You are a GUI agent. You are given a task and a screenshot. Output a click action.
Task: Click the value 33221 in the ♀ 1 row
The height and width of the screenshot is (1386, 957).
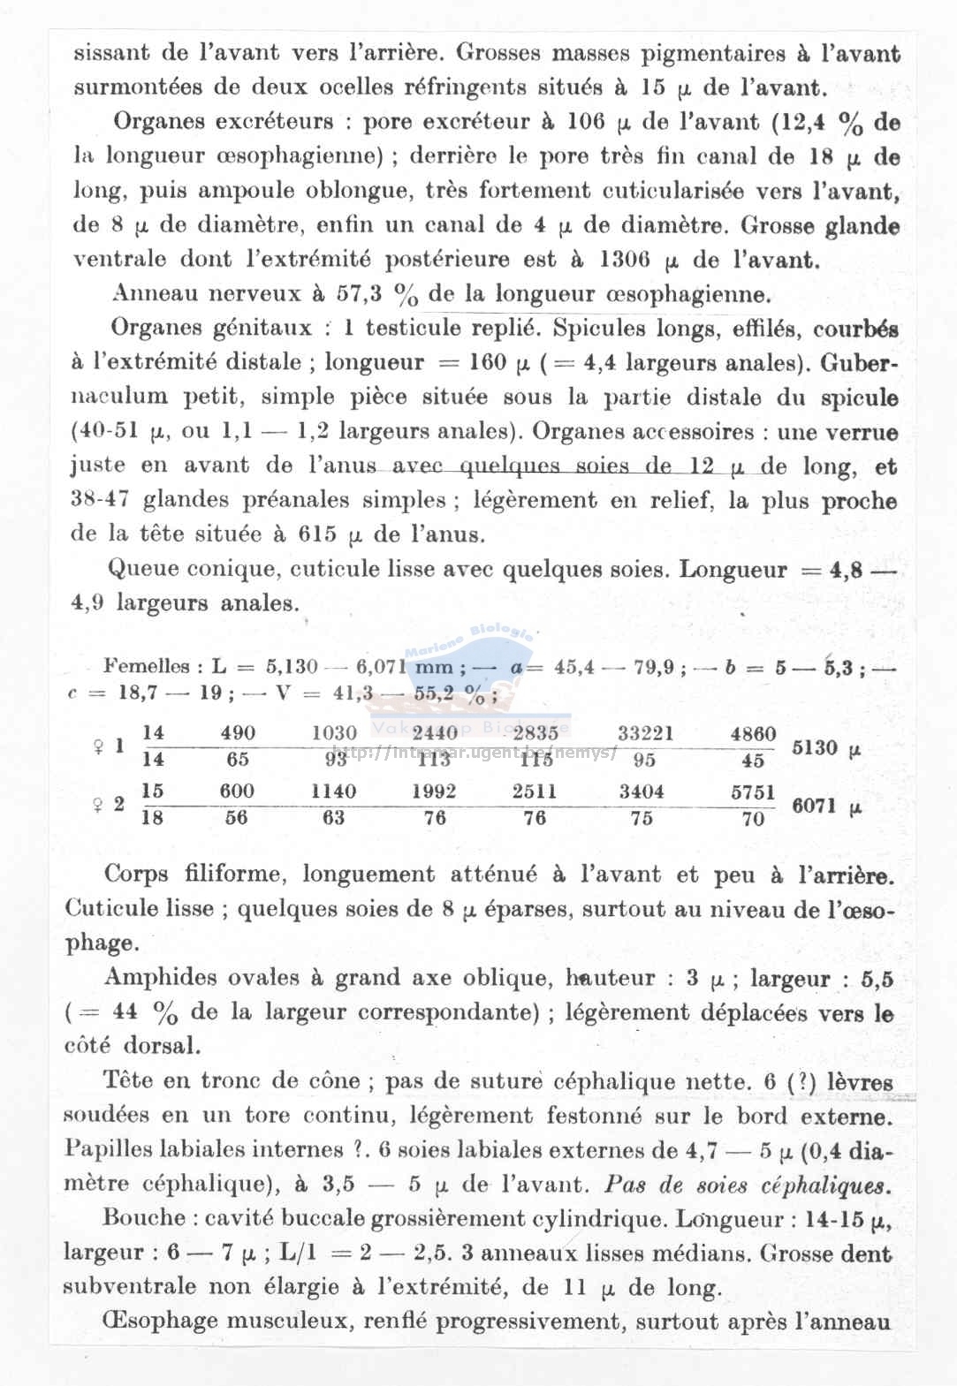tap(645, 732)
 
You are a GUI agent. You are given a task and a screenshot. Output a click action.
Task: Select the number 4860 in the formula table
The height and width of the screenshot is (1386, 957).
tap(753, 733)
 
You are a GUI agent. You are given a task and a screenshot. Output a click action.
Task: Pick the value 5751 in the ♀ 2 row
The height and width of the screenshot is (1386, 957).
tap(753, 791)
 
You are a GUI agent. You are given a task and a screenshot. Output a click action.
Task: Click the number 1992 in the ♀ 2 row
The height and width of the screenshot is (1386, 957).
tap(434, 791)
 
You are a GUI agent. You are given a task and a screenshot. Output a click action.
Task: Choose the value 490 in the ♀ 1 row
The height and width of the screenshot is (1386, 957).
tap(237, 733)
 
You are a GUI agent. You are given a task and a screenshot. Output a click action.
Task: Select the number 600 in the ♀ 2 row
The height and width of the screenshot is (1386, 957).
tap(236, 791)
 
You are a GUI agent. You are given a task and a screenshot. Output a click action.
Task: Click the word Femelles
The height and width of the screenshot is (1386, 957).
tap(147, 666)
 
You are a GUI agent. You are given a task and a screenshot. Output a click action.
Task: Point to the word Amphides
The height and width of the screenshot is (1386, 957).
tap(160, 977)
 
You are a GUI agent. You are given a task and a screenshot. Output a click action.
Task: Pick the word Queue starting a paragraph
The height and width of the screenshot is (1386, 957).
tap(142, 569)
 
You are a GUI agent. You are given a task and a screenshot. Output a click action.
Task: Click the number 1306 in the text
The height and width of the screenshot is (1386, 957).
tap(626, 260)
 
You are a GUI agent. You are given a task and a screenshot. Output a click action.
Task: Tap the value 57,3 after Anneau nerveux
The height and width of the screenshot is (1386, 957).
tap(360, 293)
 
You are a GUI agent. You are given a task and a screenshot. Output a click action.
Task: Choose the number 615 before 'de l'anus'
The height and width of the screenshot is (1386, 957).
tap(318, 534)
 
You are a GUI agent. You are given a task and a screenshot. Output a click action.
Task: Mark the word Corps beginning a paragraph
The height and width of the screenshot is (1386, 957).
tap(136, 874)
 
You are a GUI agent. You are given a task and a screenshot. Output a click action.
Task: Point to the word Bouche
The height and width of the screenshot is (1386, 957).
tap(143, 1217)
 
